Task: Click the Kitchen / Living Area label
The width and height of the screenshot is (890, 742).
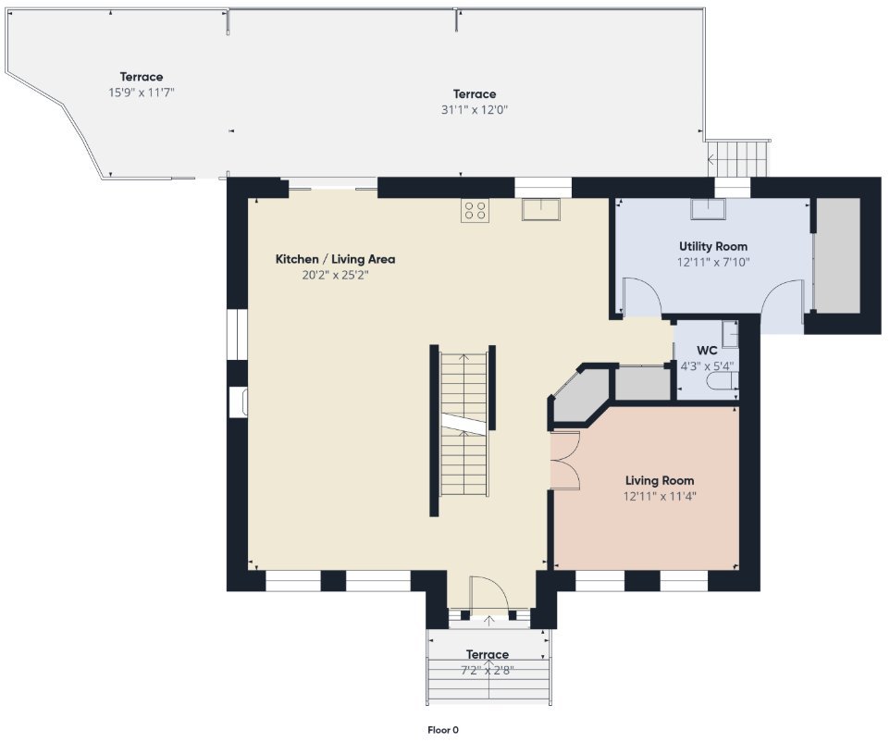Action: pos(336,259)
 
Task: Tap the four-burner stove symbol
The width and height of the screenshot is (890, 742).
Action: pos(476,211)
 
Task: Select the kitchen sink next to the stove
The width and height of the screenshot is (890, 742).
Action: pos(541,209)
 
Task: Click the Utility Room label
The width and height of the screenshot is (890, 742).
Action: pos(713,246)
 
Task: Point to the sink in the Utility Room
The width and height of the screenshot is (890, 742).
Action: pos(708,209)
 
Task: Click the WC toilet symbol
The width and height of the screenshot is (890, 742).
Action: pos(723,381)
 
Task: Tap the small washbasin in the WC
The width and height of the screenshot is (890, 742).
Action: pos(731,334)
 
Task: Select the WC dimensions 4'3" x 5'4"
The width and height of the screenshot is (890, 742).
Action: pos(707,366)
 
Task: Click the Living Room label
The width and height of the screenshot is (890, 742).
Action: pos(660,481)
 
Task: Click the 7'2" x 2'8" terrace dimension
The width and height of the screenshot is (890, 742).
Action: pos(487,671)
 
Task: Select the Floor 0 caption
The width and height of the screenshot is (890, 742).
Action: pos(443,730)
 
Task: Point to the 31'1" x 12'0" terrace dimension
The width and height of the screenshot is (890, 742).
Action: pos(475,109)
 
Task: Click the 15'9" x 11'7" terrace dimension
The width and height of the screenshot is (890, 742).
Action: pos(142,92)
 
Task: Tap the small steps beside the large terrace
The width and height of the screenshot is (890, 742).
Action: pos(738,159)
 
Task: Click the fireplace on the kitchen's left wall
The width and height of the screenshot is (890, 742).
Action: pos(238,402)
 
